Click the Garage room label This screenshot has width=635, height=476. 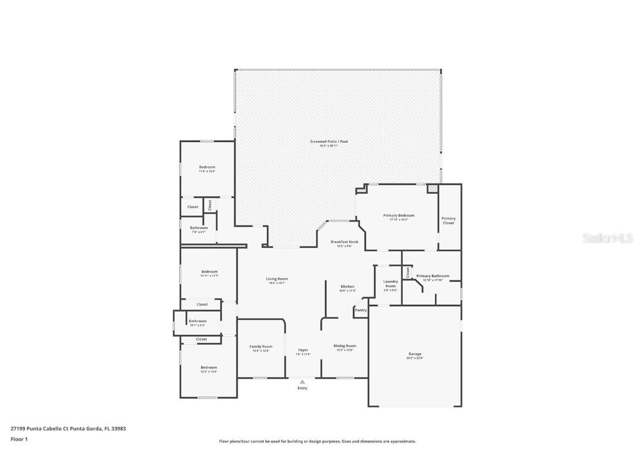point(415,354)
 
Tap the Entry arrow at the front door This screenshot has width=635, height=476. point(302,381)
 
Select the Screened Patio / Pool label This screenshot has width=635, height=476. point(329,142)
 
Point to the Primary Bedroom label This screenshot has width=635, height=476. point(399,216)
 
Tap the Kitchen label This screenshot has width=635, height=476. point(347,287)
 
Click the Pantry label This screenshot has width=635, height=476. point(360,310)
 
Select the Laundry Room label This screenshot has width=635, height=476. point(390,284)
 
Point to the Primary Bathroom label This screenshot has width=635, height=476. point(433,277)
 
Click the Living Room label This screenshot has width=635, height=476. point(277,279)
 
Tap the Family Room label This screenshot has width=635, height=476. point(261,347)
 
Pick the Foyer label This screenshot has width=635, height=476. point(303,350)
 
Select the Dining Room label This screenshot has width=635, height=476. point(345,346)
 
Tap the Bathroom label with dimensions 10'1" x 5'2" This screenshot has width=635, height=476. point(197,322)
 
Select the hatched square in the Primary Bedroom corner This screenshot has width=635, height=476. point(433,188)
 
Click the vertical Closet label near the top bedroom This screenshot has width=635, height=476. point(210,204)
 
